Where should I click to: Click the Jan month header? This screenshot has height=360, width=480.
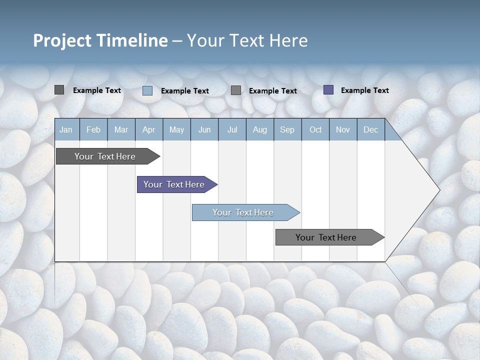tap(66, 129)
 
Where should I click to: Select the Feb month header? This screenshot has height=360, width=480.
tap(93, 129)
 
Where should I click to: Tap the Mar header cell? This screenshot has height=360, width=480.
tap(121, 129)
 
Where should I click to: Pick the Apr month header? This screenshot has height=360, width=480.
tap(149, 129)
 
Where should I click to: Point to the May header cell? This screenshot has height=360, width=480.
tap(176, 129)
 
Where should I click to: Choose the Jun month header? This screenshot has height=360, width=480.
tap(204, 129)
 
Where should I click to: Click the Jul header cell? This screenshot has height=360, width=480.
tap(232, 129)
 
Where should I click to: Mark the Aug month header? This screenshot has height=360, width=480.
tap(260, 129)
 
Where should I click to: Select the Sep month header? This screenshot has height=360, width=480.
tap(287, 129)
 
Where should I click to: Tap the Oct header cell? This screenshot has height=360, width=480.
tap(315, 129)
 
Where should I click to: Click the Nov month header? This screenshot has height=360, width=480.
tap(343, 129)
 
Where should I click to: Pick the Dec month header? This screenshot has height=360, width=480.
tap(371, 129)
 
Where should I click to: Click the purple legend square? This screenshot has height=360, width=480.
tap(328, 90)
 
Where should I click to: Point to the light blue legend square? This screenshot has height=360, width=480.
tap(147, 90)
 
